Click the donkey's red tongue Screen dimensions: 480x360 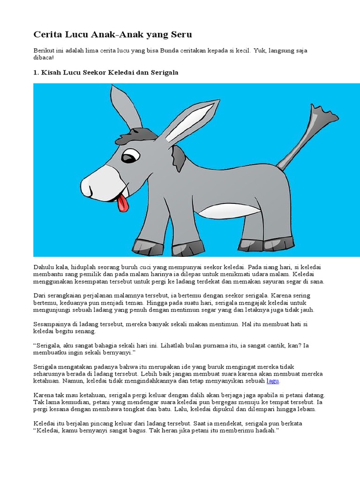[123, 204]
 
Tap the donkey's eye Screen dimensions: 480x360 [130, 156]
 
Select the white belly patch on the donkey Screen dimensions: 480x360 [223, 210]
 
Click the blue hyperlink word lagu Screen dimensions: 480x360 [273, 382]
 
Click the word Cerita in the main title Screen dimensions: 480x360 [46, 35]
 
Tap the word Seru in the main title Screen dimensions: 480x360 [180, 35]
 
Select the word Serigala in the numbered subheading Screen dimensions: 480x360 [164, 73]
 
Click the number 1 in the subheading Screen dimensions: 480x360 [36, 73]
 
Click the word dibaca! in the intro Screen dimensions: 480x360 [44, 57]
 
